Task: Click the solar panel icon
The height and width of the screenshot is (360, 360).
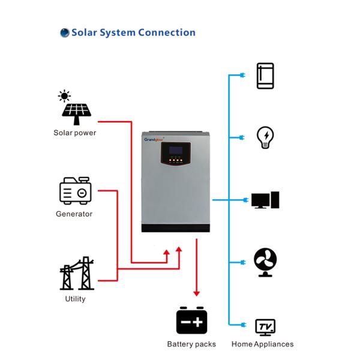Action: coord(76,113)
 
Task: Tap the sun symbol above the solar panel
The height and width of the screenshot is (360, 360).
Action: coord(64,96)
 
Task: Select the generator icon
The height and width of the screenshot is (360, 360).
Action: coord(76,191)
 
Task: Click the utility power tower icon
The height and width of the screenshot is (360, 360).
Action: coord(77,274)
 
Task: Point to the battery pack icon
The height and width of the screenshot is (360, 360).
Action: coord(191,320)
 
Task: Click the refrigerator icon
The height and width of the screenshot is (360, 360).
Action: coord(265,76)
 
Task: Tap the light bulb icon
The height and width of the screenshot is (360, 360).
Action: coord(265,137)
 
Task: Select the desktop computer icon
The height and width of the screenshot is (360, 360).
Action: coord(265,200)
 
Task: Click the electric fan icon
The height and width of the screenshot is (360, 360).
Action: coord(265,262)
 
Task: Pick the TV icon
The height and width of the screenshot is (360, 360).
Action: coord(265,328)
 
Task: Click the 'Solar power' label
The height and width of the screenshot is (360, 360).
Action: coord(75,133)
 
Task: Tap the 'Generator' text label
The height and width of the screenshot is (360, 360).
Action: coord(74,214)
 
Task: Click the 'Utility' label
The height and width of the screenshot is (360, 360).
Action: coord(76,299)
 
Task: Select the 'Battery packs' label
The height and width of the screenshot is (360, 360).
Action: coord(191,344)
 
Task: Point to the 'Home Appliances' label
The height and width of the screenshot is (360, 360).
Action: coord(263,344)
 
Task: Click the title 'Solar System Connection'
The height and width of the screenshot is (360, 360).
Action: coord(133,32)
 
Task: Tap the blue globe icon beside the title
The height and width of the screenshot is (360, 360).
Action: coord(65,33)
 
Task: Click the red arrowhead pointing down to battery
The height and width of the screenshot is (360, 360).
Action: coord(196,293)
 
